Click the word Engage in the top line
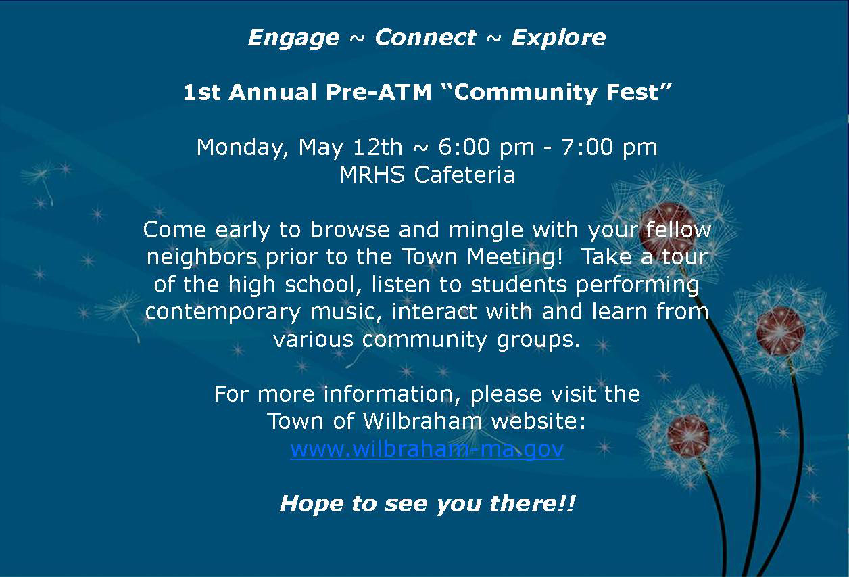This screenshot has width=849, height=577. [x=293, y=38]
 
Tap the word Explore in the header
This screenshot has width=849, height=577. [x=558, y=38]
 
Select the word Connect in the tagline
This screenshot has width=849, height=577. [x=425, y=38]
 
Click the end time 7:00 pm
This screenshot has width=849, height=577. [x=609, y=147]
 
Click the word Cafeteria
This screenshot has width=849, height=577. [x=464, y=175]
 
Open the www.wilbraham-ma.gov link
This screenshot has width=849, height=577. [x=427, y=449]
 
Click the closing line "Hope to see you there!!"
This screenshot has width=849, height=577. [x=427, y=504]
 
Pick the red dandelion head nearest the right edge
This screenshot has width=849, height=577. [x=780, y=331]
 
